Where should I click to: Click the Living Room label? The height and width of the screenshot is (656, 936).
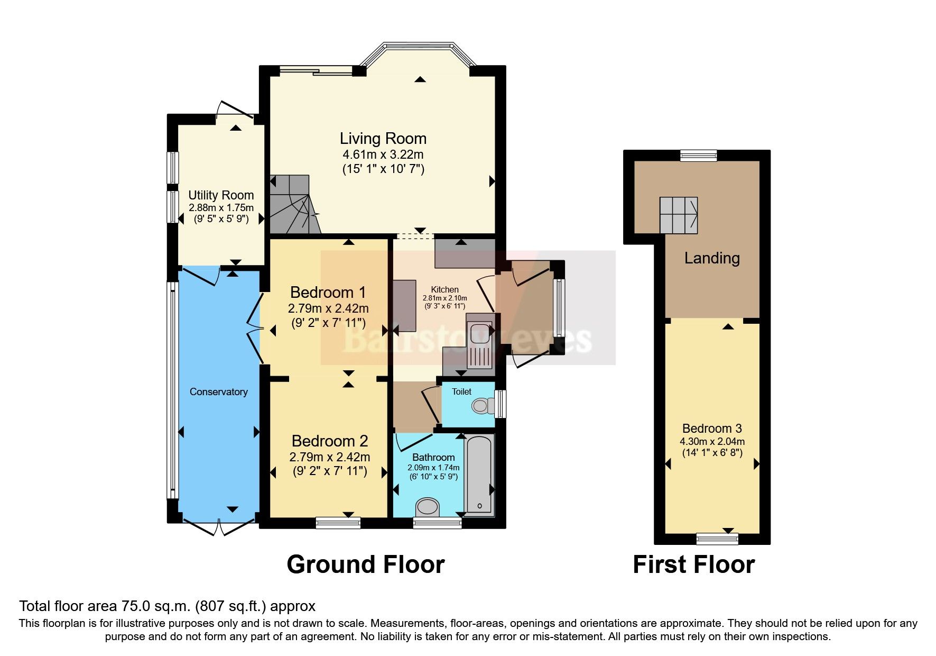point(383,139)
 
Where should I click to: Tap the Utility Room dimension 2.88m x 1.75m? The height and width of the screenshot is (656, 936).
point(221,208)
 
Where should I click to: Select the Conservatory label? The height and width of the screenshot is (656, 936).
point(219,392)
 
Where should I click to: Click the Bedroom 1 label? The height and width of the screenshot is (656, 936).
point(328,292)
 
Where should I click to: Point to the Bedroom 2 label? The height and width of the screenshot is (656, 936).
point(330,441)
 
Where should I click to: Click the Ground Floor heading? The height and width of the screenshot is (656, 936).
point(365,564)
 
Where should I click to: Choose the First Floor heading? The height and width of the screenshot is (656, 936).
point(694,564)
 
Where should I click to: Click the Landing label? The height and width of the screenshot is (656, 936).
point(712,258)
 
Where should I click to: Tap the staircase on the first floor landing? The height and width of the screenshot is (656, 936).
point(679,215)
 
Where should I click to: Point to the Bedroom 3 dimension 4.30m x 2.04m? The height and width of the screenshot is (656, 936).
point(712,442)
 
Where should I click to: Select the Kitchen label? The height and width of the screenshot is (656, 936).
point(445,289)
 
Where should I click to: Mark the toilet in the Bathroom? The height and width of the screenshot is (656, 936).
point(428,507)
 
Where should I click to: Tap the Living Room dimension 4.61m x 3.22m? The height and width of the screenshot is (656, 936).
point(383,155)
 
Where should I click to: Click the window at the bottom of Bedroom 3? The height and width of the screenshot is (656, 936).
point(717,539)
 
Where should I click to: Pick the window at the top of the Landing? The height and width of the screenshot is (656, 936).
point(699,156)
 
